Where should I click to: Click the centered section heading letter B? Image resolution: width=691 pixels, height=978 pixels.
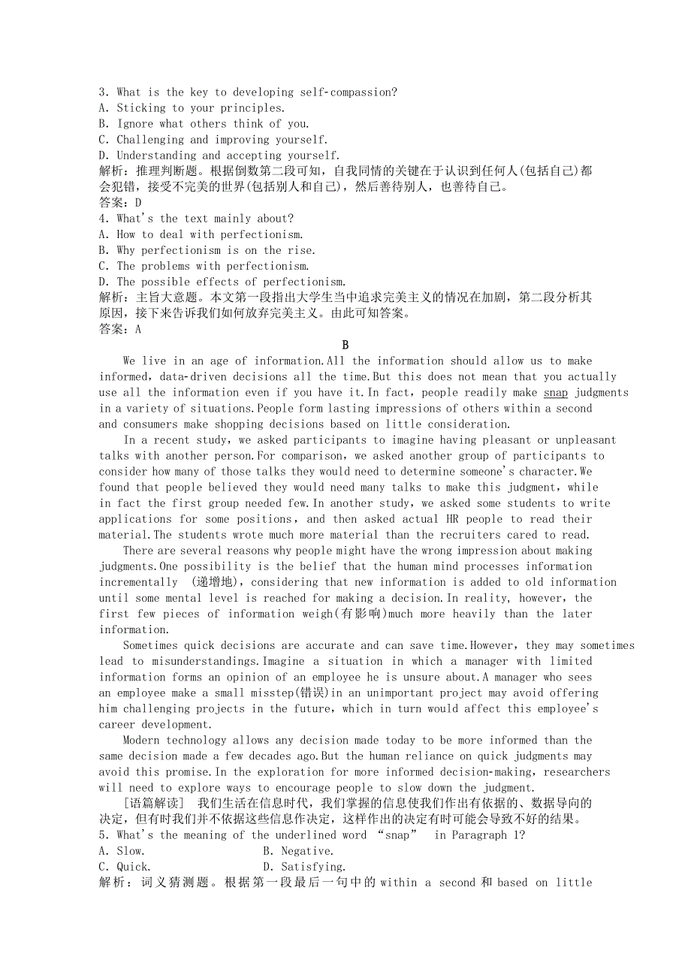click(x=345, y=345)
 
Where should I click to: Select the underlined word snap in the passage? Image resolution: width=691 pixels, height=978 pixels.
click(x=556, y=392)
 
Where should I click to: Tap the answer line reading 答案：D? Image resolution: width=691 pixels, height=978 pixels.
click(x=120, y=203)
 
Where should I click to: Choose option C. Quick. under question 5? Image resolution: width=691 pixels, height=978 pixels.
click(x=125, y=867)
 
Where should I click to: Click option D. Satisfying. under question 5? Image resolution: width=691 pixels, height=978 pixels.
click(x=304, y=867)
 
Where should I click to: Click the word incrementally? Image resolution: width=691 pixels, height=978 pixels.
click(x=138, y=582)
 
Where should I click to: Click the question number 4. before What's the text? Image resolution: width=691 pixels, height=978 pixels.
click(x=104, y=219)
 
